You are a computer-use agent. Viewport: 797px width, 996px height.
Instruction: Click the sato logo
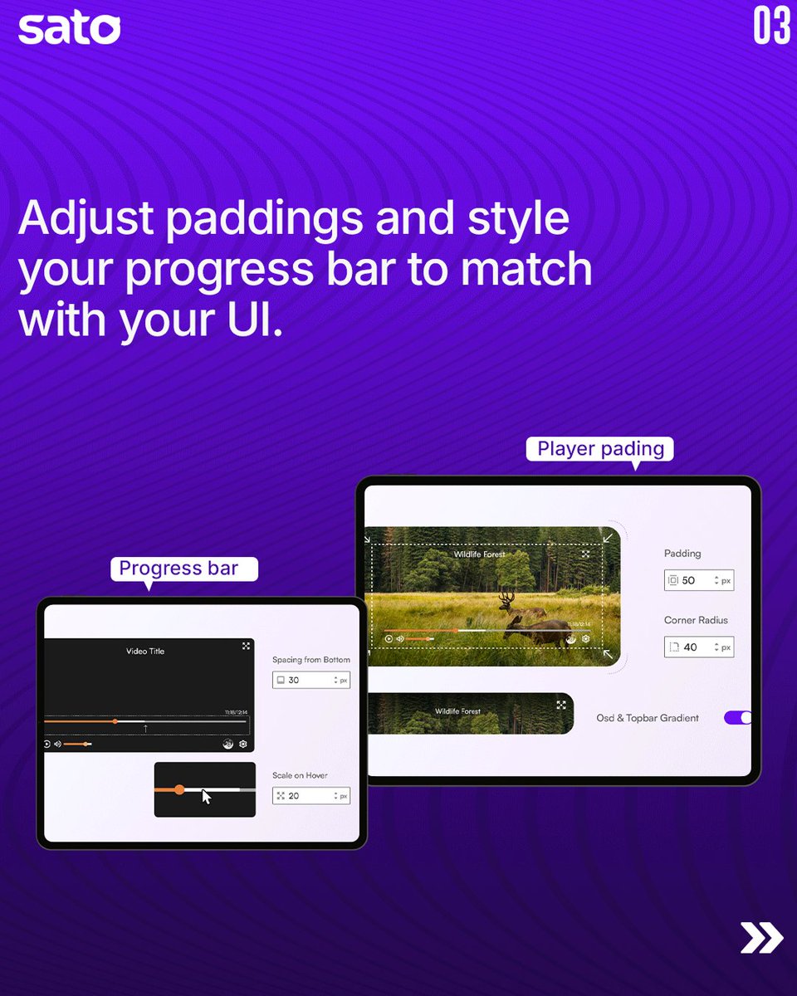(x=69, y=28)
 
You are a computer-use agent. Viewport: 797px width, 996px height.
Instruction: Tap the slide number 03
(x=770, y=27)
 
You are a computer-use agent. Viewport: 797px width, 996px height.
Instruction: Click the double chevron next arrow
(x=761, y=937)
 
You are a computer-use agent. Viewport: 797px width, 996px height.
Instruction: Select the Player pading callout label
(x=600, y=449)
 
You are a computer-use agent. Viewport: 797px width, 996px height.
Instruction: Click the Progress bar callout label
(x=178, y=569)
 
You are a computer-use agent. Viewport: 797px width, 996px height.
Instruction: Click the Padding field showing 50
(x=698, y=580)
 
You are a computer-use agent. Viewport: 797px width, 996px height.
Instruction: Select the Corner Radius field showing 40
(x=698, y=647)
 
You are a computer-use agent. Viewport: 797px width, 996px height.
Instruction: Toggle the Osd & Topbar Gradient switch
(x=738, y=717)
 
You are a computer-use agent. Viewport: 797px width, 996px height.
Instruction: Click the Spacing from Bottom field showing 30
(x=310, y=680)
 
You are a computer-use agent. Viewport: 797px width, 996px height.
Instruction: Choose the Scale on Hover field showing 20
(x=310, y=795)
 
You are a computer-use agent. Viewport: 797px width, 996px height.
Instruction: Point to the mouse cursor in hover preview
(x=207, y=797)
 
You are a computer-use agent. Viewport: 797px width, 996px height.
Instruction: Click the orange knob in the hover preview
(x=179, y=789)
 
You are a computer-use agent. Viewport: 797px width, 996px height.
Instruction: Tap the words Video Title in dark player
(x=145, y=651)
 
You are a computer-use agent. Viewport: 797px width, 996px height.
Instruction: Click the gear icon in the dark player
(x=243, y=744)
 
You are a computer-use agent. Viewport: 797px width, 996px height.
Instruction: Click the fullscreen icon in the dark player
(x=246, y=645)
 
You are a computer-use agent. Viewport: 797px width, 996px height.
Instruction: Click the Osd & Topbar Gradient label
(x=648, y=718)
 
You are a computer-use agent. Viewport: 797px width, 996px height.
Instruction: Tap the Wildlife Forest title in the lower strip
(x=457, y=711)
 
